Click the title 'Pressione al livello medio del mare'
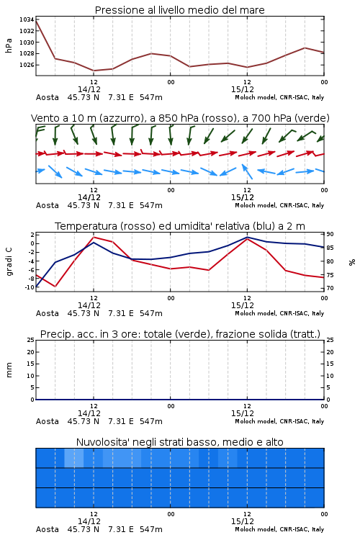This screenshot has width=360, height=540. [179, 10]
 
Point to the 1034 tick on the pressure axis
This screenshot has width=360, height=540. [27, 19]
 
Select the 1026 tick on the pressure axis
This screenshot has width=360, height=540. [27, 65]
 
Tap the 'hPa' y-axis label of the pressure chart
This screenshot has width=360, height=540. [9, 45]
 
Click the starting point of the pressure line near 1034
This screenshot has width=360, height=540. [36, 21]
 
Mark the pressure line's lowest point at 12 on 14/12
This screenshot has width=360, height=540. [94, 71]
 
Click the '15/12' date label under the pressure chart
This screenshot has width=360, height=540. [243, 89]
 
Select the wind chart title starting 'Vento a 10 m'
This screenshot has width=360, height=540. [180, 118]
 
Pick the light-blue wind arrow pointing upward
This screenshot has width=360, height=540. [247, 171]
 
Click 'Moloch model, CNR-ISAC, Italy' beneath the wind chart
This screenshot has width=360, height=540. [279, 205]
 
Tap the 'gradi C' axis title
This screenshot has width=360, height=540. [9, 261]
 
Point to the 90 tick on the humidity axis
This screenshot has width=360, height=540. [330, 234]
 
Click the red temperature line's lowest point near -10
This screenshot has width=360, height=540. [55, 287]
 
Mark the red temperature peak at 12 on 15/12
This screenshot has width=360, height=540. [247, 238]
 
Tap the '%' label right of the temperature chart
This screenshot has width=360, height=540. [352, 262]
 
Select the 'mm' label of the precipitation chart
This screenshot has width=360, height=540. [9, 370]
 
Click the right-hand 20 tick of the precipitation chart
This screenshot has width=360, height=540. [330, 352]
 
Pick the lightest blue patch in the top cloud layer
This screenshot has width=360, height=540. [73, 458]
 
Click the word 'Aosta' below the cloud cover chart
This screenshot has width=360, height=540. [48, 529]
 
